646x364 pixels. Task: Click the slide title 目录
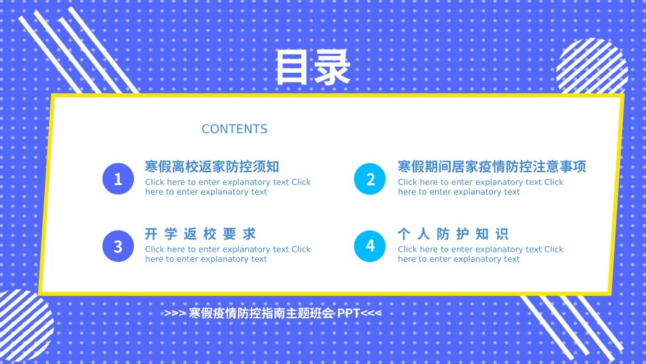tap(312, 67)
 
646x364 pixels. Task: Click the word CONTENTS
tap(235, 129)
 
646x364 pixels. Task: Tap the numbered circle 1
tap(118, 179)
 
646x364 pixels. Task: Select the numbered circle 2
tap(371, 179)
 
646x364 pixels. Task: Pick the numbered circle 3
tap(118, 246)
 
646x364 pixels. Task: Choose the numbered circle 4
tap(371, 246)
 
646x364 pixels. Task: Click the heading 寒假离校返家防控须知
tap(212, 167)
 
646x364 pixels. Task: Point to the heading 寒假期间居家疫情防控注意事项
tap(492, 167)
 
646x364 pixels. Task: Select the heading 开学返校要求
tap(201, 234)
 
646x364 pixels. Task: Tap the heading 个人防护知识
tap(453, 234)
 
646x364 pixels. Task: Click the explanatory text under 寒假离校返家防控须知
tap(228, 187)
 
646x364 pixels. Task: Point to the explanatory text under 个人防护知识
tap(481, 254)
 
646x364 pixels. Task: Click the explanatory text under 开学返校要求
tap(228, 254)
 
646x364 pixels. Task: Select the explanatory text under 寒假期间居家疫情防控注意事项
tap(481, 187)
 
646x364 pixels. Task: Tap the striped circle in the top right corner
tap(592, 68)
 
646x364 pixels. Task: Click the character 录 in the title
tap(332, 67)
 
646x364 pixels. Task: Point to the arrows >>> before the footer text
tap(174, 314)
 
